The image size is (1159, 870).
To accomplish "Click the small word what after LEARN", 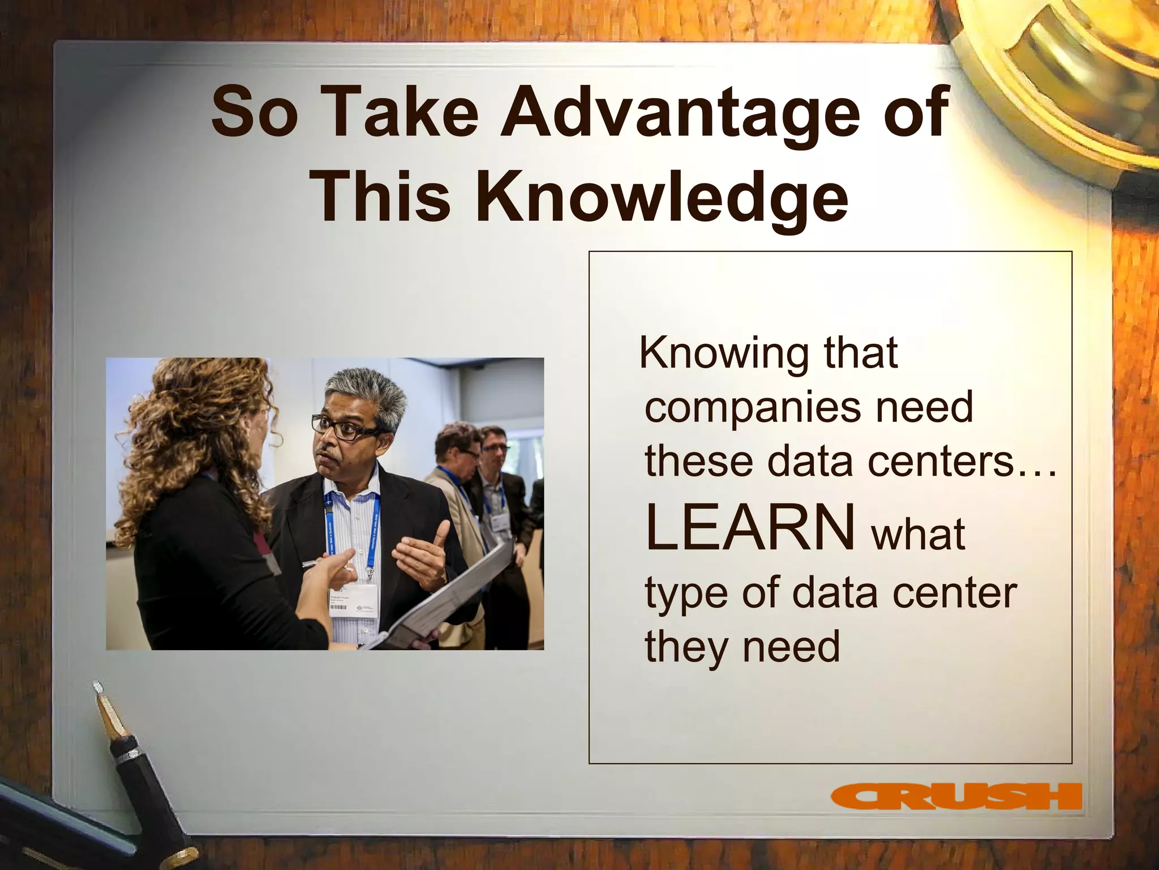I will click(x=918, y=534).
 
